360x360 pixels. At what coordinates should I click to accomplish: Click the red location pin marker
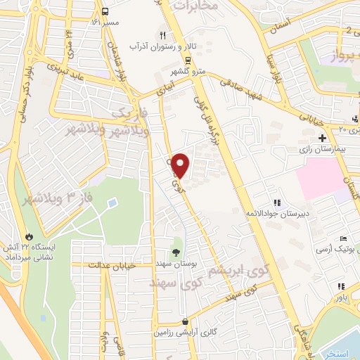tap(181, 166)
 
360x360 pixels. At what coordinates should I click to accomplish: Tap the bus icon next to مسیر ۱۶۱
tap(105, 12)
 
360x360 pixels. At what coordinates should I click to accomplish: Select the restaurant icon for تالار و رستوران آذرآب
tap(163, 34)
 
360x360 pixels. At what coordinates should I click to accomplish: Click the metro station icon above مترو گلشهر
tap(187, 60)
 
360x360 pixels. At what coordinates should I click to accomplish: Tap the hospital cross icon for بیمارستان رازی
tap(322, 138)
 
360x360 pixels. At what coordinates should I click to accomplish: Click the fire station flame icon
tap(29, 237)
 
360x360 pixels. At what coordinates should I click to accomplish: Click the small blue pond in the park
tap(112, 203)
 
